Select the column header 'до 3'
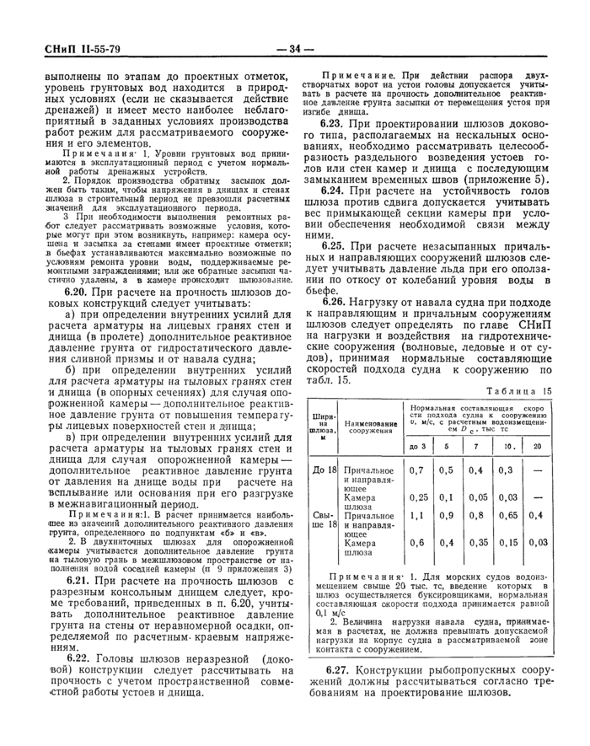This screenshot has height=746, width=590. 417,447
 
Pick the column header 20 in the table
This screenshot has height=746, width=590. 537,447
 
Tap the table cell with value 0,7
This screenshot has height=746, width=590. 417,470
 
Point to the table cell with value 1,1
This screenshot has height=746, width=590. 417,515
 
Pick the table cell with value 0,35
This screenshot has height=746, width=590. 477,543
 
